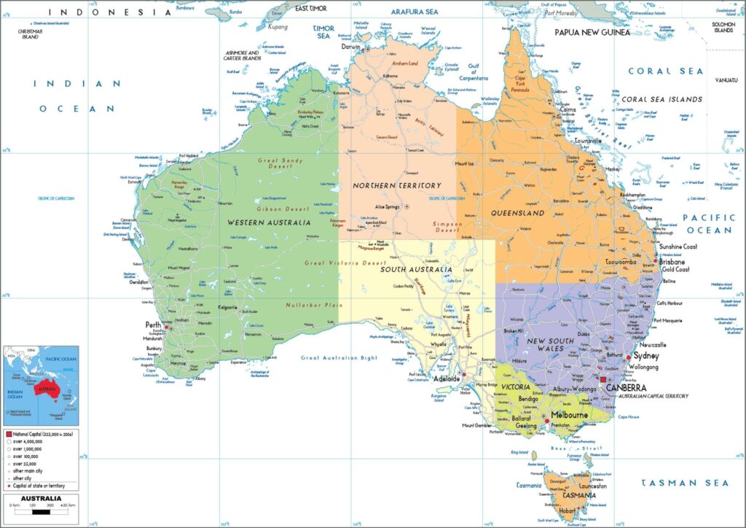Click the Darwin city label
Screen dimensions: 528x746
[x=351, y=47]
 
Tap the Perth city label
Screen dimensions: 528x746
[x=153, y=325]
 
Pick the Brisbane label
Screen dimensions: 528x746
[x=672, y=261]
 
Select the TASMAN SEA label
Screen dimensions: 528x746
[x=685, y=483]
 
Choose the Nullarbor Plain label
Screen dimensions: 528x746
[x=310, y=304]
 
